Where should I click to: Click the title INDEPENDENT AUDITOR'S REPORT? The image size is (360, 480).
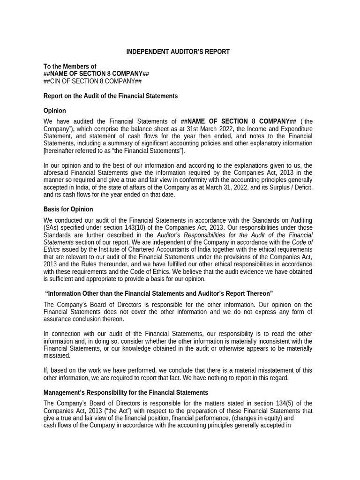pyautogui.click(x=178, y=52)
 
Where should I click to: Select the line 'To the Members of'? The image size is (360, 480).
pyautogui.click(x=70, y=67)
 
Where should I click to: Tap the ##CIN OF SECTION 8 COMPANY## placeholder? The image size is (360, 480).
pyautogui.click(x=92, y=81)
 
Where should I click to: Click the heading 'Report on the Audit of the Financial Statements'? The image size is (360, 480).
pyautogui.click(x=111, y=96)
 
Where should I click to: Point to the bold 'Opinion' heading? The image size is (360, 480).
pyautogui.click(x=55, y=111)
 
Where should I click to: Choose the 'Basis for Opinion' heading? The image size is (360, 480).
pyautogui.click(x=68, y=209)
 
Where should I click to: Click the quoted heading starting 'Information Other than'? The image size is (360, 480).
pyautogui.click(x=159, y=293)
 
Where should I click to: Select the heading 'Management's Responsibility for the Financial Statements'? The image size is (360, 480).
pyautogui.click(x=126, y=392)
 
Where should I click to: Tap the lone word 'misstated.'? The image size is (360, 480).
pyautogui.click(x=57, y=356)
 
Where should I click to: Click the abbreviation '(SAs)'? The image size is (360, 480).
pyautogui.click(x=52, y=228)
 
